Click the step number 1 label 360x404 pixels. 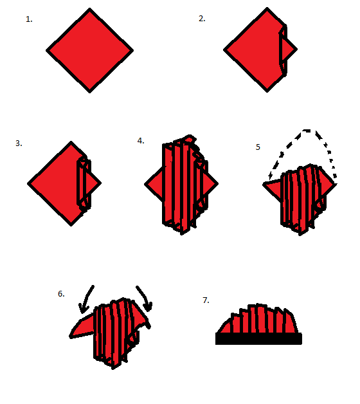pos(29,19)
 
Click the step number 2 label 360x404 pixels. pos(202,19)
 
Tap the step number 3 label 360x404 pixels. pos(19,143)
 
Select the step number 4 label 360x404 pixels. pos(141,141)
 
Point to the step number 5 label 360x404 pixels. pos(258,147)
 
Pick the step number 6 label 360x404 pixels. pos(61,294)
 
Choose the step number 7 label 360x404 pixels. pos(206,300)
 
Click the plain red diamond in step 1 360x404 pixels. pos(89,50)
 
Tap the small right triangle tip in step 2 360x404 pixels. pos(289,49)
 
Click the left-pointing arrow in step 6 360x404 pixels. pos(86,299)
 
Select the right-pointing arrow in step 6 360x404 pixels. pos(145,298)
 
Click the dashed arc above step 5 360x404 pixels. pos(307,131)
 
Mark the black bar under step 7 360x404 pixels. pos(258,338)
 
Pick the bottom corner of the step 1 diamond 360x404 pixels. pos(89,92)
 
